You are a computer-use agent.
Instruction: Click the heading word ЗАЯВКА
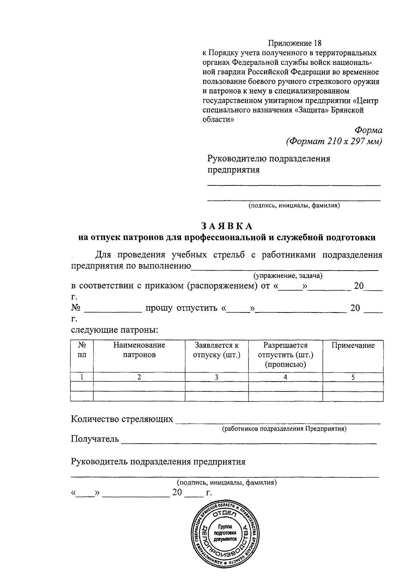pos(227,226)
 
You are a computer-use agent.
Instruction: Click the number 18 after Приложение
pos(318,43)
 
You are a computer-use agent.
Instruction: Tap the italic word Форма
pos(368,130)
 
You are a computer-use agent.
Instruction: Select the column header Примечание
pos(353,345)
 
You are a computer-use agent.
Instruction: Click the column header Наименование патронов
pos(139,350)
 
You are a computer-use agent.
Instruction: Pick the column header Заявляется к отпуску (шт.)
pos(216,350)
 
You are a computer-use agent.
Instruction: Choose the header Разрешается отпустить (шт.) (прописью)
pos(285,354)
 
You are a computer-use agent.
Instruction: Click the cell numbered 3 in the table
pos(216,377)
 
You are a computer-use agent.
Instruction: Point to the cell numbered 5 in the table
pos(353,377)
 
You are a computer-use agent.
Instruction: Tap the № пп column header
pos(82,350)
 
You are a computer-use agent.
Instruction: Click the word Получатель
pos(95,439)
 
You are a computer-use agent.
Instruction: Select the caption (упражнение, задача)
pos(288,276)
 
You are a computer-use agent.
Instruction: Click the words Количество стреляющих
pos(122,419)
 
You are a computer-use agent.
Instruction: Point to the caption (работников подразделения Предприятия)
pos(284,429)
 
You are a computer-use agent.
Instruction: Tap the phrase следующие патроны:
pos(114,330)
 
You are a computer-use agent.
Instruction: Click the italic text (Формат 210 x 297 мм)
pos(334,141)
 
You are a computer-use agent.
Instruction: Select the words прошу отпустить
pos(176,308)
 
